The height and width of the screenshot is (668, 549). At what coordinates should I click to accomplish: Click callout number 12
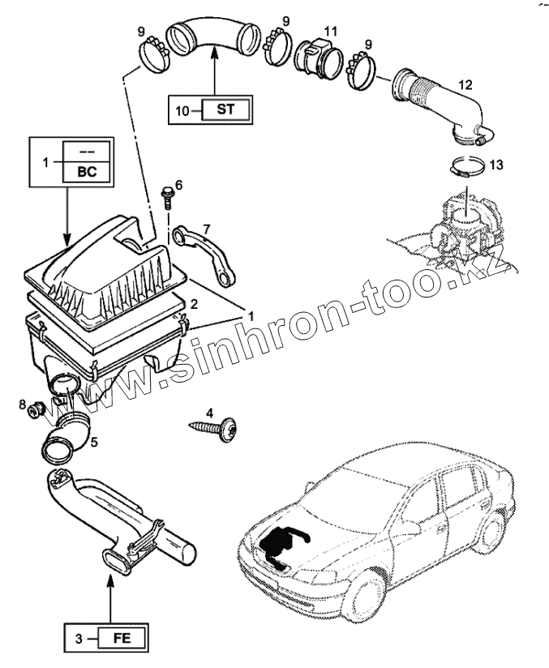click(x=464, y=84)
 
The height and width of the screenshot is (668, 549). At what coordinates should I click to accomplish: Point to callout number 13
click(x=496, y=165)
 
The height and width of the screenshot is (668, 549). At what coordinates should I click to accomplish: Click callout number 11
click(x=328, y=31)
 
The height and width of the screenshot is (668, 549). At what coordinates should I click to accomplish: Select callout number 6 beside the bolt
click(x=178, y=185)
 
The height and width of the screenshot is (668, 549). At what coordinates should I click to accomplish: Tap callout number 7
click(x=207, y=229)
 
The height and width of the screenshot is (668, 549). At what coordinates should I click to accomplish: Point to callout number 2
click(x=194, y=304)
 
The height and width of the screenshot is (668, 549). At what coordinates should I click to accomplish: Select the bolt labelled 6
click(x=167, y=195)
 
